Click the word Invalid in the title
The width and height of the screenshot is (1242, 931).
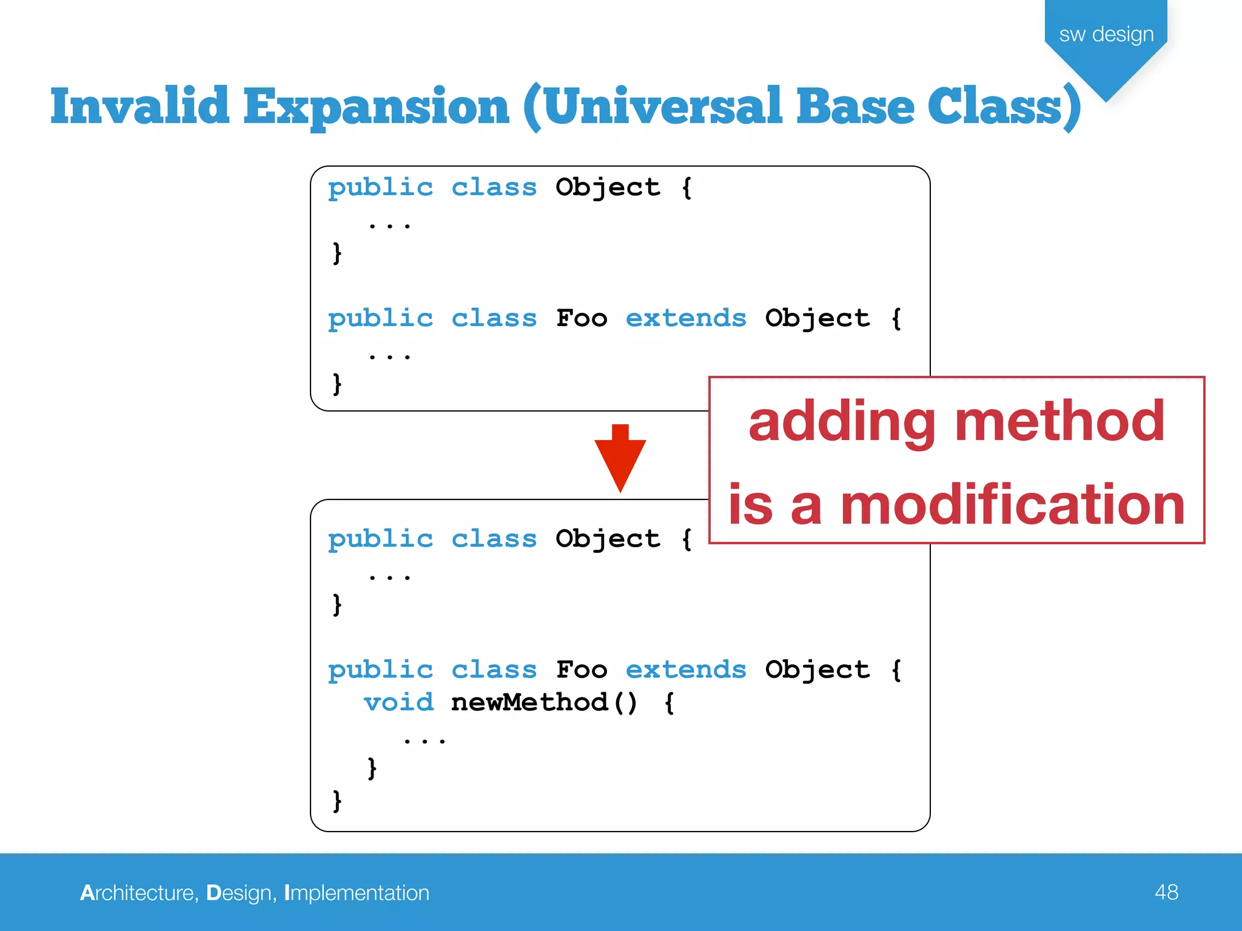click(x=139, y=107)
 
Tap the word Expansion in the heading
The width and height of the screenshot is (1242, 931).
click(x=376, y=107)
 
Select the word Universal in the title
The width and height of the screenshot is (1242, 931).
click(x=661, y=107)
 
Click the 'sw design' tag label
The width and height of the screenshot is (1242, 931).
click(x=1106, y=35)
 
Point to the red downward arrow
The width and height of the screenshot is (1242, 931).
click(x=620, y=459)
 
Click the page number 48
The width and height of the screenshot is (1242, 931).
click(x=1166, y=892)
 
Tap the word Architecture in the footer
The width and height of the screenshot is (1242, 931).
click(x=138, y=893)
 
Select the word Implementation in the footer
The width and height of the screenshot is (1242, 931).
click(x=357, y=893)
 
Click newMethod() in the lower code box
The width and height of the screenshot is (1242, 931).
click(x=544, y=702)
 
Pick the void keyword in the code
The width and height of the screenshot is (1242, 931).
click(x=398, y=702)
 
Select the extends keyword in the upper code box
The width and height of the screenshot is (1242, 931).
click(x=685, y=318)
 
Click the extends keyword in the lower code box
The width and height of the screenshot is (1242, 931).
click(x=685, y=670)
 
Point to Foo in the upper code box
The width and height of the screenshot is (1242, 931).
click(x=582, y=318)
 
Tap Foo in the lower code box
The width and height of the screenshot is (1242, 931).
click(x=582, y=670)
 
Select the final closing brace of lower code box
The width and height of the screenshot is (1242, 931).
click(x=337, y=801)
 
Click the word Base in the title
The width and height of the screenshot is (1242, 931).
click(x=855, y=107)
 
